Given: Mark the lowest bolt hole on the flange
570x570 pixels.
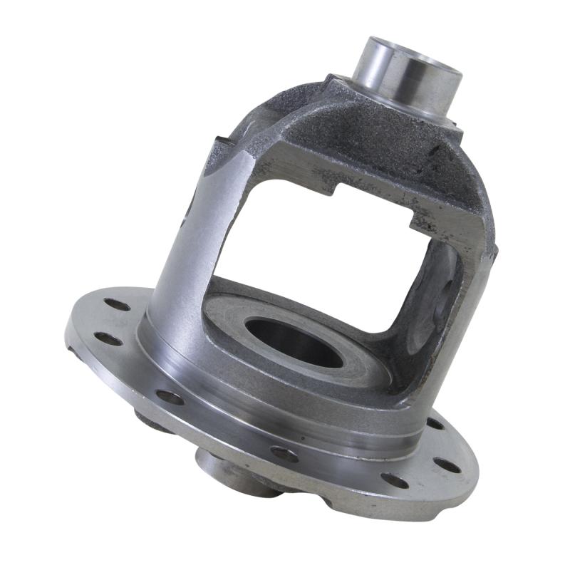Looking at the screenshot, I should tap(394, 481).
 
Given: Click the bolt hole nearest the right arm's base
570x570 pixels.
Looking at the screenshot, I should tap(434, 424).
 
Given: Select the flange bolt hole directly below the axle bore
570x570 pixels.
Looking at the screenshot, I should tap(286, 453).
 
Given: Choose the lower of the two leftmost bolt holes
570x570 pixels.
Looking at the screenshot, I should tap(108, 339).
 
